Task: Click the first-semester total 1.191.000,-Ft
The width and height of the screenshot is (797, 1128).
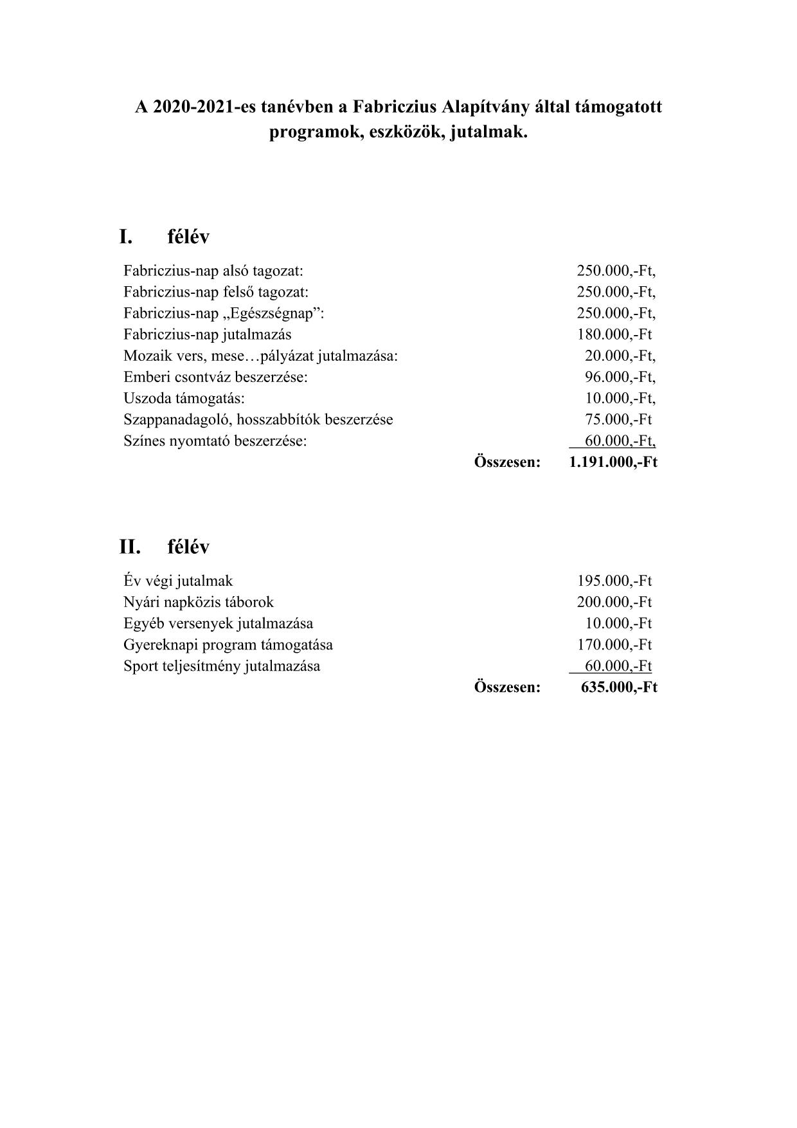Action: [x=613, y=462]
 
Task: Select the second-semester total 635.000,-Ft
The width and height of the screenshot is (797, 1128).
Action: [x=619, y=687]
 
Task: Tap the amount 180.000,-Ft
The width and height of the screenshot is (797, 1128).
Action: [x=614, y=334]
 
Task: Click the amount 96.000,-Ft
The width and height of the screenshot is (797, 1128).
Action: [x=620, y=377]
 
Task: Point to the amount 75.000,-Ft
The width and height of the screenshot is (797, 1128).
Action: [x=618, y=419]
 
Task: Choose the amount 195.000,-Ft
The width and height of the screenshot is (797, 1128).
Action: [x=614, y=581]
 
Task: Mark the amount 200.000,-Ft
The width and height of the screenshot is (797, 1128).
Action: [x=614, y=602]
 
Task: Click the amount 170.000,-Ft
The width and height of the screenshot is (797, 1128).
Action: [x=614, y=644]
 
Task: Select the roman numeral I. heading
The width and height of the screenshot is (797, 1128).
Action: [x=125, y=237]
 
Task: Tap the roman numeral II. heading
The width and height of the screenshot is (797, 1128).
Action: [x=129, y=547]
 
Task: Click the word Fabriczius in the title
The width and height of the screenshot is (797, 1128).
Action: [x=395, y=107]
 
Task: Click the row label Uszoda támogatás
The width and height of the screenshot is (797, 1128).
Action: [x=184, y=398]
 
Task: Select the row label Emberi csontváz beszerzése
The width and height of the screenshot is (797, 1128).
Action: [x=215, y=377]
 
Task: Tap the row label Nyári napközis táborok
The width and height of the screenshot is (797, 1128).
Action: [x=199, y=602]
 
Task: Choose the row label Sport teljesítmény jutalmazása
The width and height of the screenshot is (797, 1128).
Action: [x=222, y=666]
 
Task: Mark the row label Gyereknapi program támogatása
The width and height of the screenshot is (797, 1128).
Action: [x=228, y=644]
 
